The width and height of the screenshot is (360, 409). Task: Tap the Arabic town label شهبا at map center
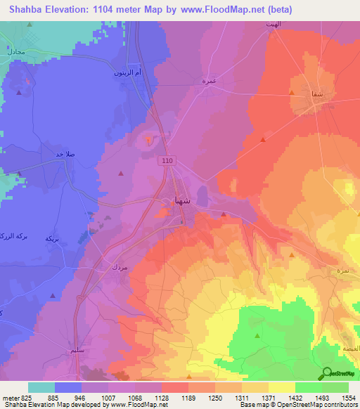181,200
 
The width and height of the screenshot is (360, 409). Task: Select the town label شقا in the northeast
307,93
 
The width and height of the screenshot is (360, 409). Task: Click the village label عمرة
208,81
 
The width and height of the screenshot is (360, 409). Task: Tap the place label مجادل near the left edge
14,52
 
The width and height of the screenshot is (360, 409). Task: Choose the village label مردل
118,267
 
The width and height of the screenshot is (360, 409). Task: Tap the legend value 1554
348,398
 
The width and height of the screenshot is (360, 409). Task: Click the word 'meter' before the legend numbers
10,398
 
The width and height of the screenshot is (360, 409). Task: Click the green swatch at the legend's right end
335,387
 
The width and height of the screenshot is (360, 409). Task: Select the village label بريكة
51,239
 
